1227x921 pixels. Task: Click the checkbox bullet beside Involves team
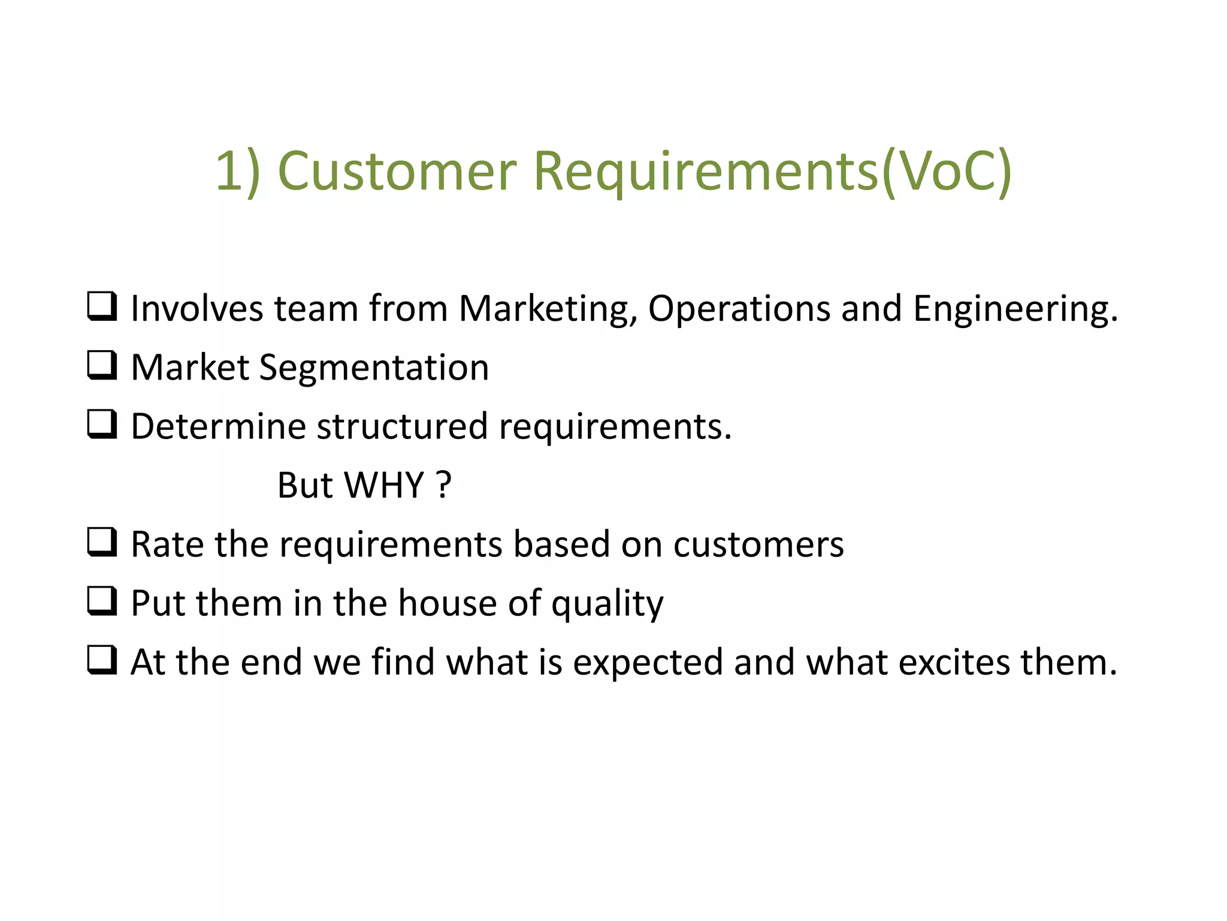(102, 306)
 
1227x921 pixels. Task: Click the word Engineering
(1015, 309)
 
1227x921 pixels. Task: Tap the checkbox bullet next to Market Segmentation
(102, 365)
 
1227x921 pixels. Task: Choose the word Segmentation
(374, 368)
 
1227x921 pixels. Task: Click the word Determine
(218, 426)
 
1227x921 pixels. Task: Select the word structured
(402, 426)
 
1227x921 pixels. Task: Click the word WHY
(385, 485)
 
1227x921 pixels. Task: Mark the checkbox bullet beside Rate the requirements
(102, 542)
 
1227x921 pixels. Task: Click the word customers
(758, 544)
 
